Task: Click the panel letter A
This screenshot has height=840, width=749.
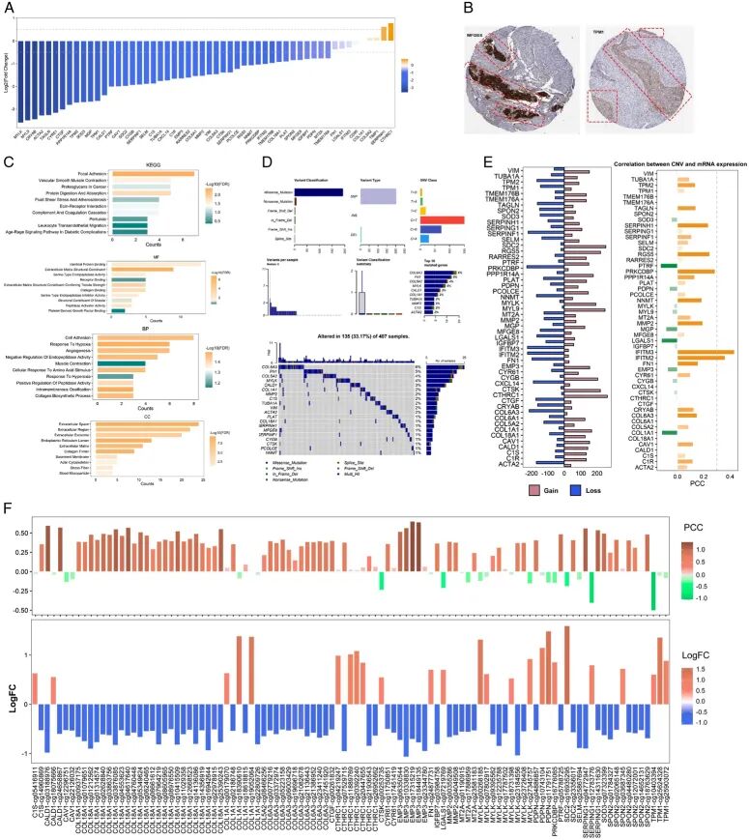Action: pyautogui.click(x=8, y=8)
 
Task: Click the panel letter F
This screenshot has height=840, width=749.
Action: pyautogui.click(x=8, y=479)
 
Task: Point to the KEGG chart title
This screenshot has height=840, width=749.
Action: pyautogui.click(x=165, y=164)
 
